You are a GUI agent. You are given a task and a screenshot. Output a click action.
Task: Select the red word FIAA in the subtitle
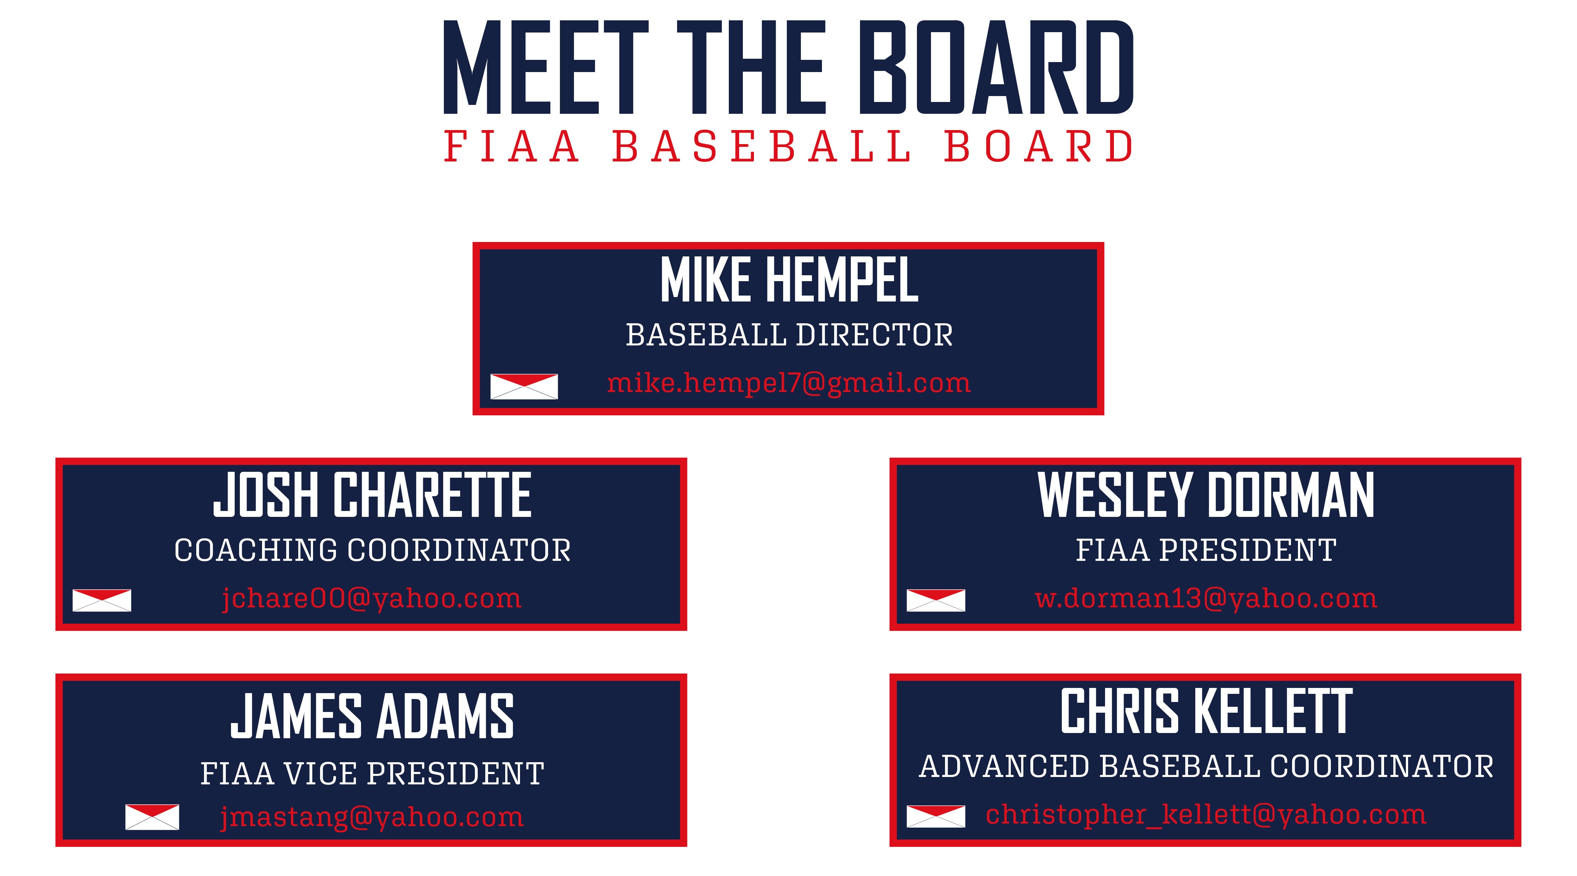(x=511, y=147)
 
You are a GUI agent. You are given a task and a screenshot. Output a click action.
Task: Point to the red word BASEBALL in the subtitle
(x=762, y=147)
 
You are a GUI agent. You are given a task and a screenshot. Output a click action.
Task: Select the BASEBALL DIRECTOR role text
(x=789, y=335)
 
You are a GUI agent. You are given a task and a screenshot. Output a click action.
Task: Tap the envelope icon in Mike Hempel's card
(x=524, y=386)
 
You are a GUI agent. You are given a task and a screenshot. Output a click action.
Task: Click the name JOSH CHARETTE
(x=372, y=495)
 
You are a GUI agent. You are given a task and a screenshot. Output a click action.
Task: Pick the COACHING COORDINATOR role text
(x=372, y=550)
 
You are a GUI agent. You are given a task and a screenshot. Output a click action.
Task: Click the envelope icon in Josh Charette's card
(x=102, y=600)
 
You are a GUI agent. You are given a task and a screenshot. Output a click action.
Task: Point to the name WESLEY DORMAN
(x=1206, y=495)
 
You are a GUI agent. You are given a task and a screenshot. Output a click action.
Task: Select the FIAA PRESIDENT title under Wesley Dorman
(x=1206, y=550)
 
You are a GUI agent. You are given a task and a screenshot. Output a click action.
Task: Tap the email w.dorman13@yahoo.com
(x=1206, y=599)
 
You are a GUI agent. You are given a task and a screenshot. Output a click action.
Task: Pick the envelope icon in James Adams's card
(x=152, y=817)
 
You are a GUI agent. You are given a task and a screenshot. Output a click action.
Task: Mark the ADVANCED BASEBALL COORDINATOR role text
(x=1206, y=766)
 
